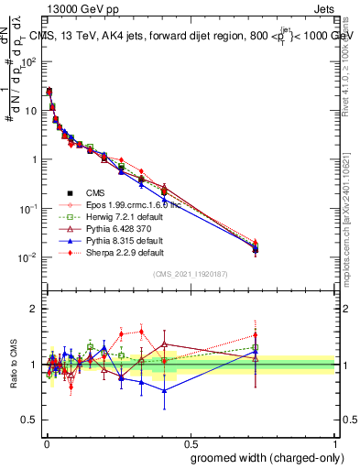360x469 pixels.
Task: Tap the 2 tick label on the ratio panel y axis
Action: click(35, 310)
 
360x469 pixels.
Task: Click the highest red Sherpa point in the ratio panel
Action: click(141, 332)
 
